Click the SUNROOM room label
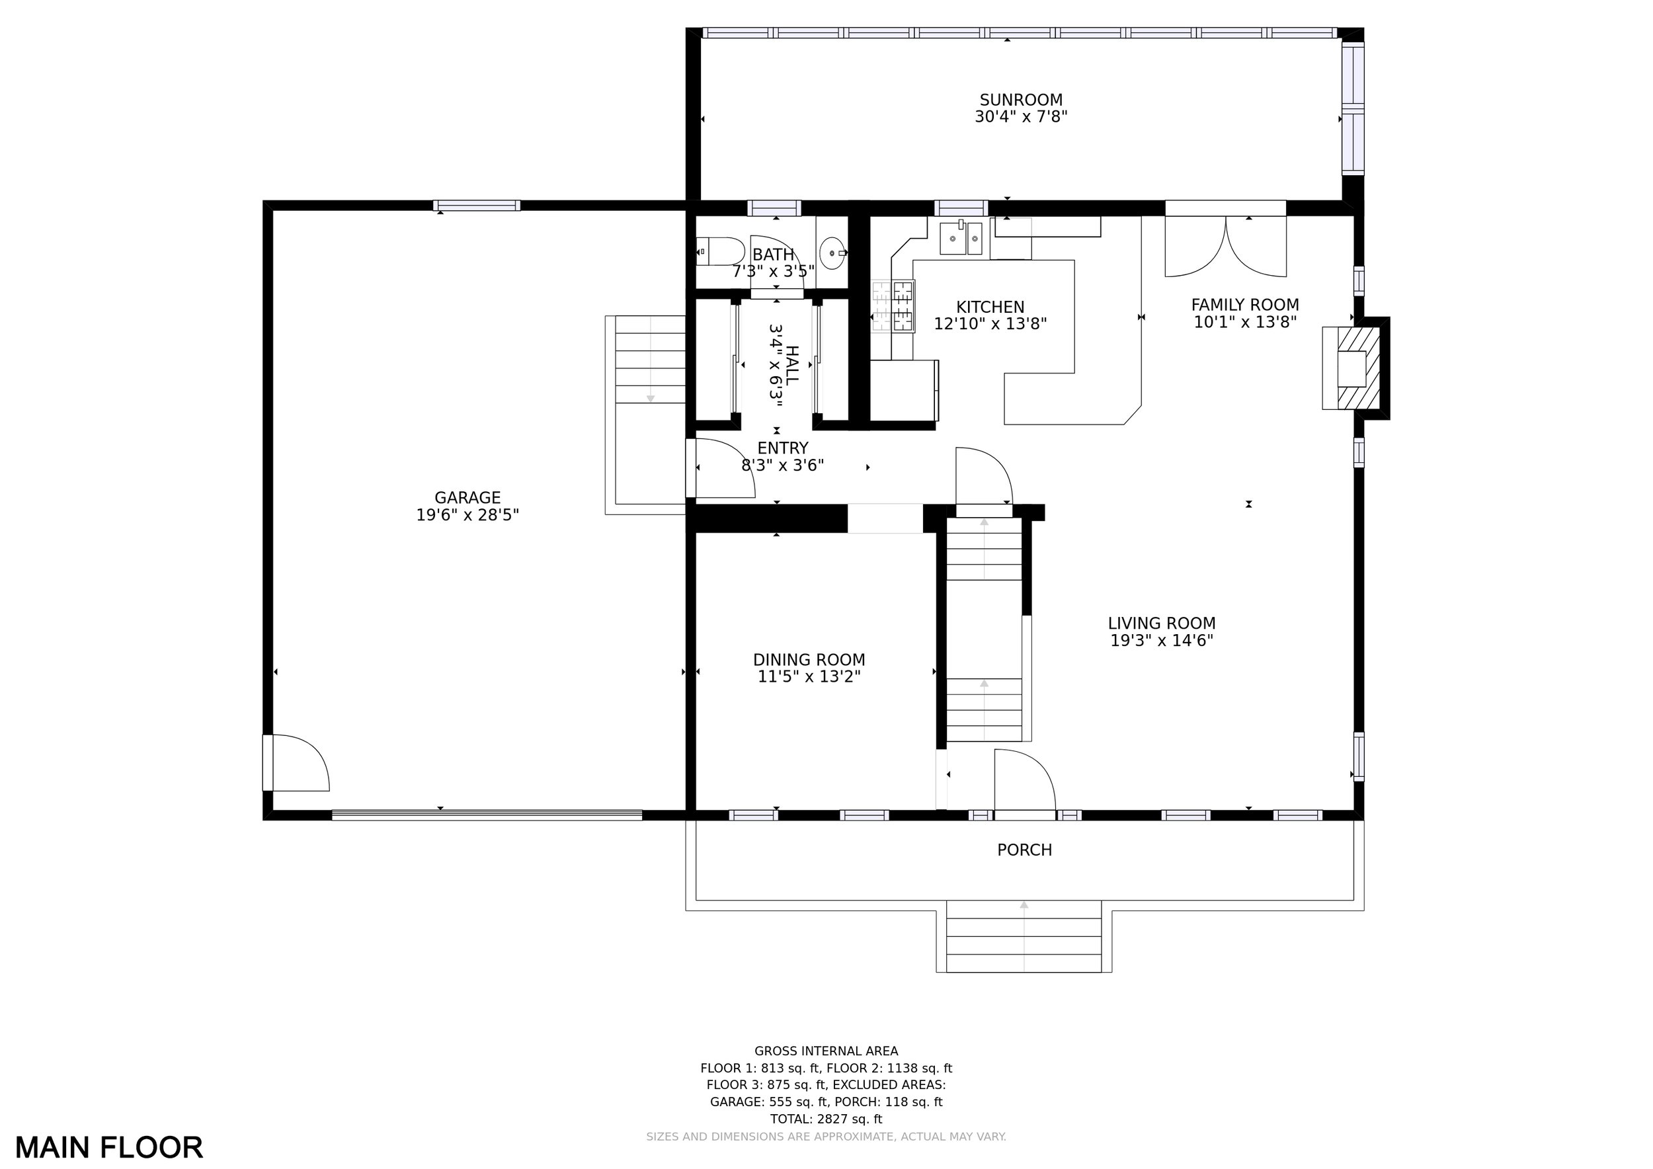pos(1021,100)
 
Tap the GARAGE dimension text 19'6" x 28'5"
pos(467,515)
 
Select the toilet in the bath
pos(721,252)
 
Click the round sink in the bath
pos(833,253)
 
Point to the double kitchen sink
pos(961,237)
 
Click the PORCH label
pos(1024,850)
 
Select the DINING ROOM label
pos(809,659)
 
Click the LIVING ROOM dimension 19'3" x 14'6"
pos(1162,641)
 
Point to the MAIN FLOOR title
pos(110,1147)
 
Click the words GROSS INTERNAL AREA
pos(826,1051)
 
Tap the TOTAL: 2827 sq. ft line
pos(826,1119)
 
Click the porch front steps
pos(1024,936)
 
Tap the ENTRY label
pos(783,448)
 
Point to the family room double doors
pos(1225,246)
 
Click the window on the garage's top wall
pos(477,206)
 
